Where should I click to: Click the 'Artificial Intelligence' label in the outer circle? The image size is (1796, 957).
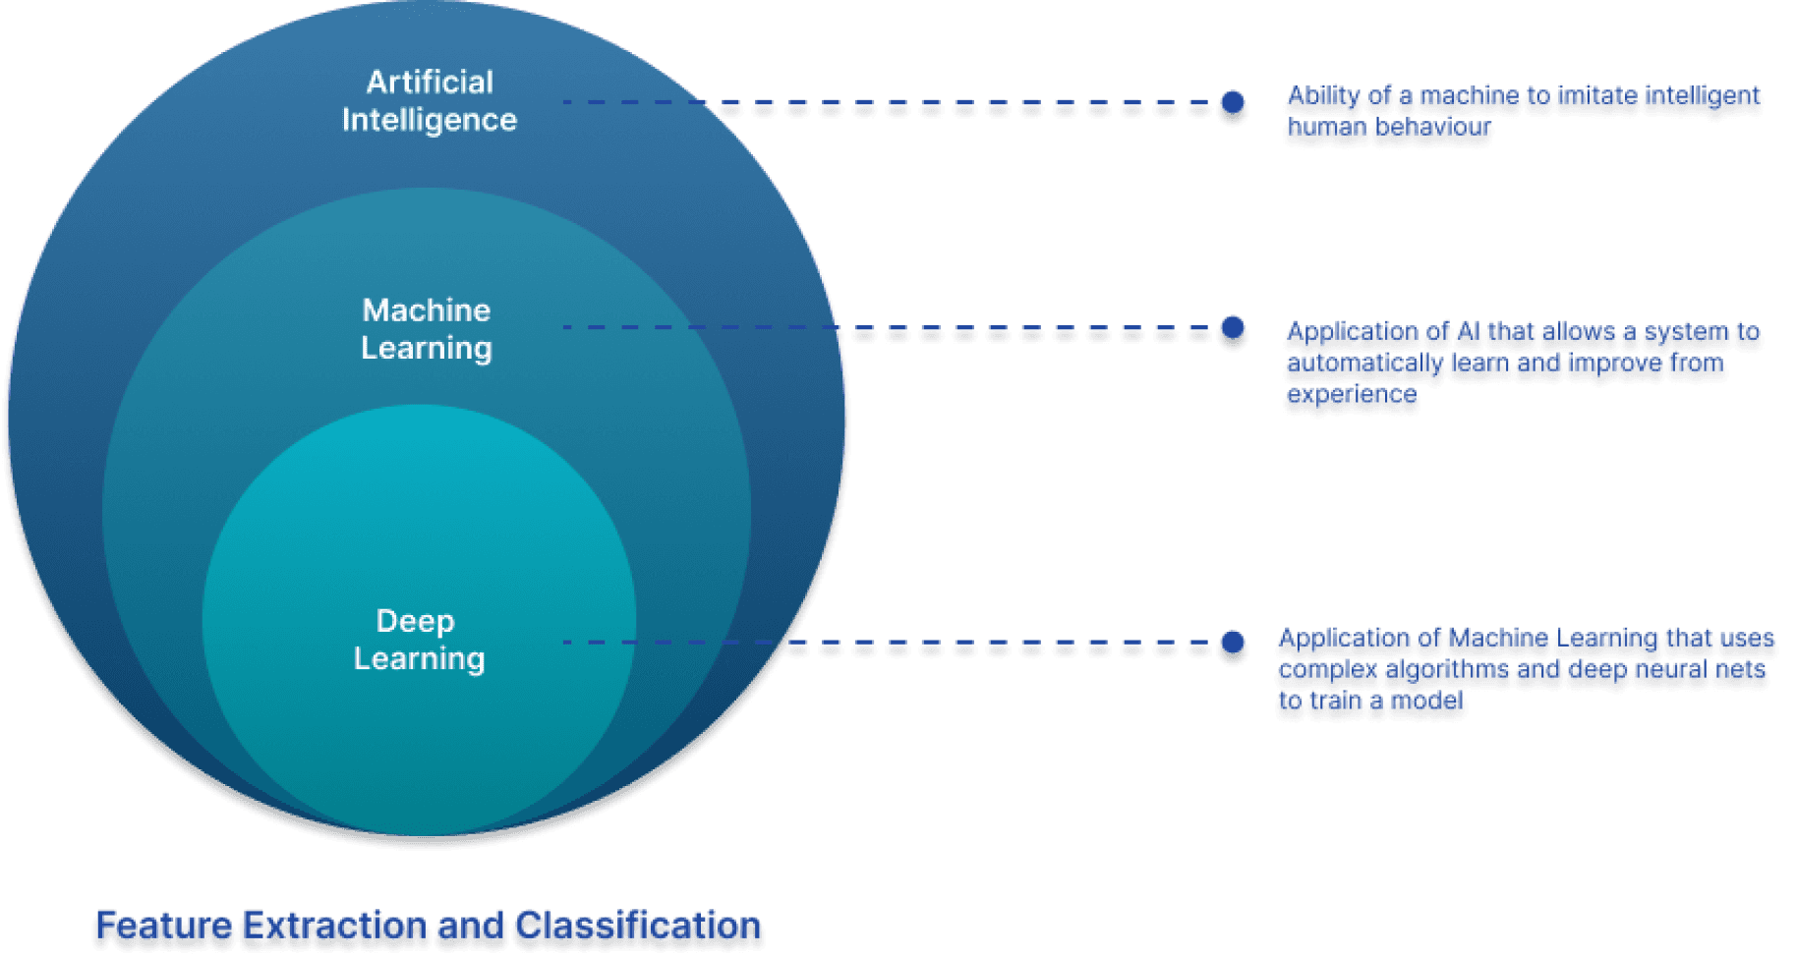[x=430, y=100]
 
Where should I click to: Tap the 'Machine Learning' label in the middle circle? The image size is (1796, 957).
[x=427, y=329]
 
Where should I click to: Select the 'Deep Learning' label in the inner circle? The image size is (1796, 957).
[x=419, y=640]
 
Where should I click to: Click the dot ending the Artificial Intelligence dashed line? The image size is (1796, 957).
[x=1233, y=103]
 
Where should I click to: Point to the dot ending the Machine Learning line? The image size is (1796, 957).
[x=1233, y=329]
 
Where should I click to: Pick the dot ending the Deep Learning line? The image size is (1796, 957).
[x=1233, y=644]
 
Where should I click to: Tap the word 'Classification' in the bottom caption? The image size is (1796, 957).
[x=638, y=927]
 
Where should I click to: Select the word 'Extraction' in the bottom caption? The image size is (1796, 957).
[x=335, y=927]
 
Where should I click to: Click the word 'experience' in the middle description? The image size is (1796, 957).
[x=1352, y=395]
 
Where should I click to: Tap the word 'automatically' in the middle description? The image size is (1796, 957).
[x=1364, y=364]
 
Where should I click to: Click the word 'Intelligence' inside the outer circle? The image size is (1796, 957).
[x=430, y=120]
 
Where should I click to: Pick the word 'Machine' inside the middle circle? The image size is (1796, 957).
[x=427, y=310]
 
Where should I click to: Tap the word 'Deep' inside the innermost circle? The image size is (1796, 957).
[x=416, y=621]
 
